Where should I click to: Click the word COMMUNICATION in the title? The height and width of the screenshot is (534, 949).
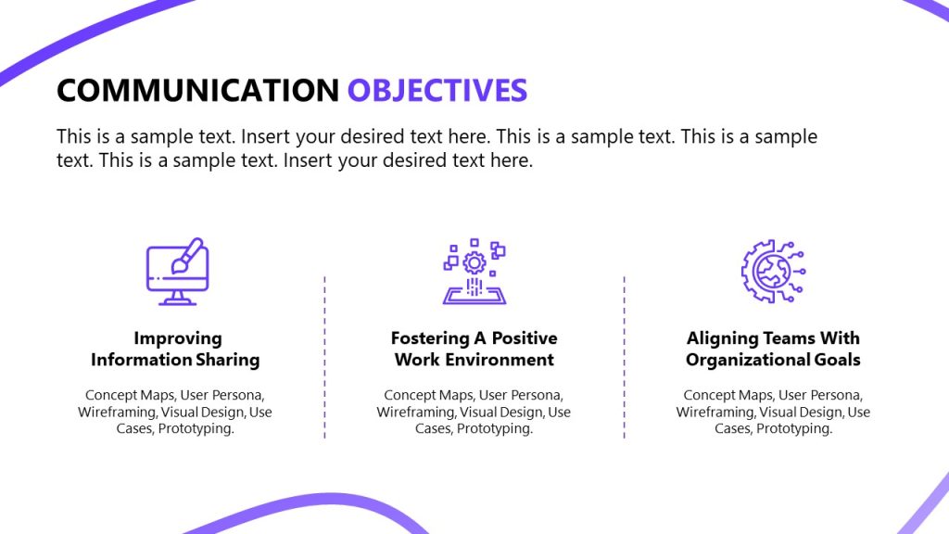tap(197, 90)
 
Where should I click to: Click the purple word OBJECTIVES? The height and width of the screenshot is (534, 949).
tap(437, 90)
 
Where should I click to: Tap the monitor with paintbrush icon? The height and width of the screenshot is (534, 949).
tap(176, 272)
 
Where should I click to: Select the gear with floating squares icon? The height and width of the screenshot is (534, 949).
tap(474, 272)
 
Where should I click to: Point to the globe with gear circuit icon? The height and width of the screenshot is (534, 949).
tap(773, 272)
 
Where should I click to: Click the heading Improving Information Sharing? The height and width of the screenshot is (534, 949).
tap(175, 349)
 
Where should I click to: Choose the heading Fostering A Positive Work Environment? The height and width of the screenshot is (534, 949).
tap(474, 349)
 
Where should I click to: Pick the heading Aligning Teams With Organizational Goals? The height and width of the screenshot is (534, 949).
tap(773, 349)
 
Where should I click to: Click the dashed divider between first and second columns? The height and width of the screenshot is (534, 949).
tap(325, 357)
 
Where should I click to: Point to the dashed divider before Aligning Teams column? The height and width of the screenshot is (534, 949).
tap(624, 357)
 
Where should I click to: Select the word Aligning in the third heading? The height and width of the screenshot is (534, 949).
tap(720, 338)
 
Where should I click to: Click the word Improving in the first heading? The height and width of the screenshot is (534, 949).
tap(178, 338)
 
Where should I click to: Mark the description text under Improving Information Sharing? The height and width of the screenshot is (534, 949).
tap(175, 412)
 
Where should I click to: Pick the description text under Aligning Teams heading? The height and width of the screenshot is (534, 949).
tap(773, 412)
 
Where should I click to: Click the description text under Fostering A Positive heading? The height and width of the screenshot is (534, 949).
tap(474, 412)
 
